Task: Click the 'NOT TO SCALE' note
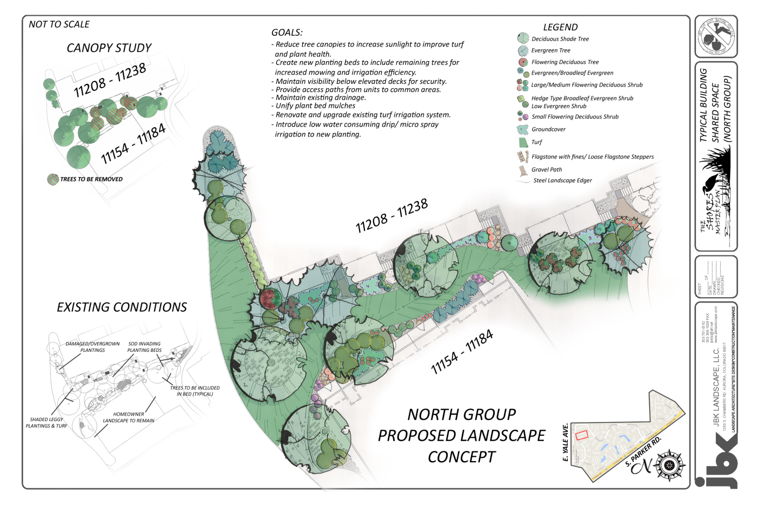pyautogui.click(x=59, y=24)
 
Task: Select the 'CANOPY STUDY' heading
pyautogui.click(x=109, y=48)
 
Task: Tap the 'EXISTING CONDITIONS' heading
pyautogui.click(x=122, y=307)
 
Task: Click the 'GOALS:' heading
pyautogui.click(x=287, y=32)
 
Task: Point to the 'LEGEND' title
pyautogui.click(x=560, y=27)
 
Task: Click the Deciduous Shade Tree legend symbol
pyautogui.click(x=523, y=38)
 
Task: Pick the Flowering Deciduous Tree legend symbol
pyautogui.click(x=523, y=62)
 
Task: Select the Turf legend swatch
pyautogui.click(x=523, y=142)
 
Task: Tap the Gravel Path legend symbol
pyautogui.click(x=523, y=170)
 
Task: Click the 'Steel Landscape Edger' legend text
pyautogui.click(x=562, y=181)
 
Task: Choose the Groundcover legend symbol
pyautogui.click(x=522, y=129)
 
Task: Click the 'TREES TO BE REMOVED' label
pyautogui.click(x=91, y=179)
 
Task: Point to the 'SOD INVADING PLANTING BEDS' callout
pyautogui.click(x=144, y=347)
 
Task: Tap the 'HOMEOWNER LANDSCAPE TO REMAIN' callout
pyautogui.click(x=129, y=417)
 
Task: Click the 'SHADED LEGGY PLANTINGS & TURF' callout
pyautogui.click(x=47, y=423)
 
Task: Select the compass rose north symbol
pyautogui.click(x=670, y=465)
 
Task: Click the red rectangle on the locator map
pyautogui.click(x=581, y=435)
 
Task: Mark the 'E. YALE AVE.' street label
pyautogui.click(x=566, y=442)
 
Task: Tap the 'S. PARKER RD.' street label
pyautogui.click(x=643, y=451)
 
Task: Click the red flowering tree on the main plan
pyautogui.click(x=270, y=298)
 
